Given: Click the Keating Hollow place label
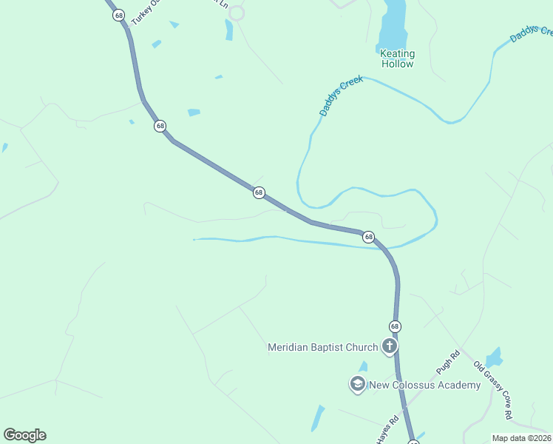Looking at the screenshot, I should click(x=397, y=58).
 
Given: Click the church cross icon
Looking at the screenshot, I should click(x=389, y=346).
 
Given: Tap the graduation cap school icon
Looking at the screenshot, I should click(x=358, y=384).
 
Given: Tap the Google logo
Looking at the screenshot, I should click(x=24, y=435).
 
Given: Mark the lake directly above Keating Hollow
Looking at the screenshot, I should click(x=393, y=24).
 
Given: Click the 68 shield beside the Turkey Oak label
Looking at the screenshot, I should click(x=118, y=15).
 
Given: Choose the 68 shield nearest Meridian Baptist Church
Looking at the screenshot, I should click(x=395, y=326).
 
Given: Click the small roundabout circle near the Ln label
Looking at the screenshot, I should click(x=237, y=13).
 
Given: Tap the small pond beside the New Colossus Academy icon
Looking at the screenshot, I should click(x=363, y=366).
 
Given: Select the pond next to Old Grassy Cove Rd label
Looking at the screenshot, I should click(x=493, y=357).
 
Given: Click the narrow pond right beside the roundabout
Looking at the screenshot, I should click(x=229, y=30).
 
